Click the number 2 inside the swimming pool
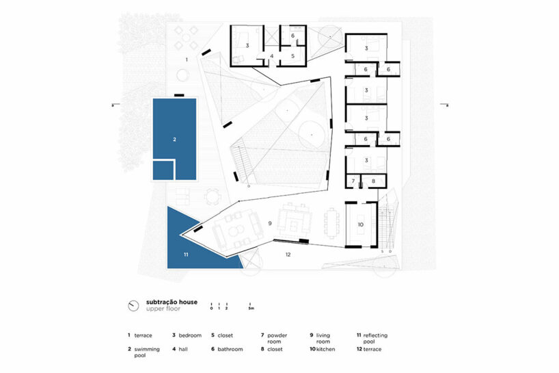(x=174, y=139)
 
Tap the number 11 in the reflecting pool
(x=185, y=254)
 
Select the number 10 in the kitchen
(x=361, y=224)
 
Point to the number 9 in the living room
(x=270, y=223)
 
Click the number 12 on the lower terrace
(x=288, y=255)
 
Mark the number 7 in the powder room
(x=353, y=181)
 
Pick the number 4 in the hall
(x=271, y=56)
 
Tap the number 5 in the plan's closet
(x=292, y=56)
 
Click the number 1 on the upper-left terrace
(x=186, y=60)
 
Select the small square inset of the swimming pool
(x=162, y=170)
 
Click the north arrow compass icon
(x=134, y=305)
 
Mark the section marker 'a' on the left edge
(x=112, y=105)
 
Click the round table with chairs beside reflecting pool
(x=213, y=197)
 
